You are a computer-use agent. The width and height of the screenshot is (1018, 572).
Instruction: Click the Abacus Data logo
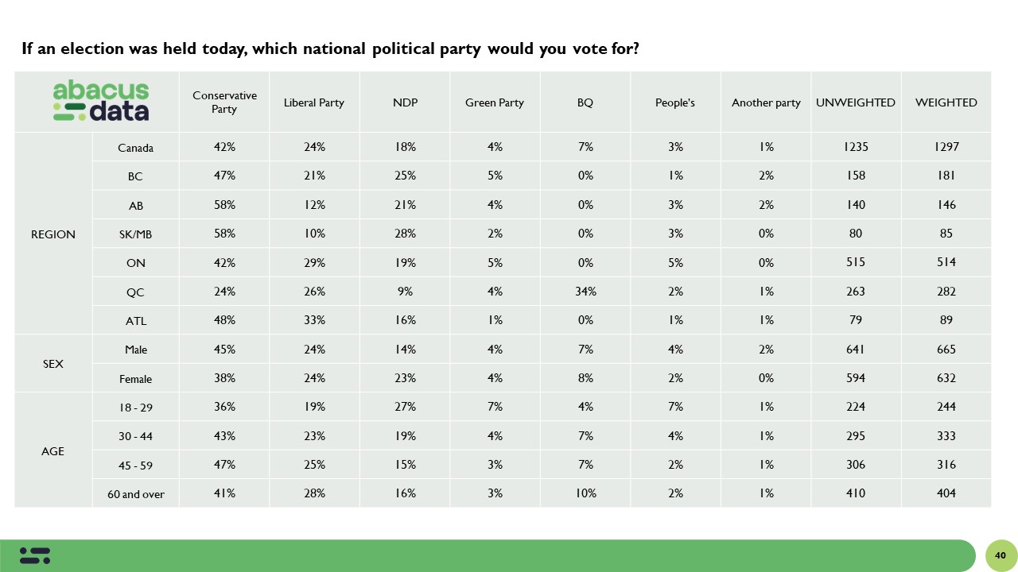100,102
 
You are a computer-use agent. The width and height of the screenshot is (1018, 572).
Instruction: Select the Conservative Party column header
224,102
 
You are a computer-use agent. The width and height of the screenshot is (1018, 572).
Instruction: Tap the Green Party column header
495,102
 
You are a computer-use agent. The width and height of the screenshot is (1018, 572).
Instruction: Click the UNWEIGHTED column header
856,102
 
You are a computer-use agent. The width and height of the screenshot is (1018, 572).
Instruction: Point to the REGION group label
53,234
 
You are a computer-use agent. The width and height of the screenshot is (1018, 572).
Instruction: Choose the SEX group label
53,364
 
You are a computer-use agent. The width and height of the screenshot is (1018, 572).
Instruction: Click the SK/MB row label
135,234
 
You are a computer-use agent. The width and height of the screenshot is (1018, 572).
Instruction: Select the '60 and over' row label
135,494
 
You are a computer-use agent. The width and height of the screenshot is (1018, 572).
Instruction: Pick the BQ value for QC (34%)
585,292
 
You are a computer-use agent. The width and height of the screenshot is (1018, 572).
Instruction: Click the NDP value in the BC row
405,176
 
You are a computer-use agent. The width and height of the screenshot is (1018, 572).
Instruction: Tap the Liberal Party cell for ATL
314,320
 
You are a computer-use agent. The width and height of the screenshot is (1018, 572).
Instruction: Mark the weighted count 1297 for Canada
946,147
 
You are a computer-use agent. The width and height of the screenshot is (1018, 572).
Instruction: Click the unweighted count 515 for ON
856,262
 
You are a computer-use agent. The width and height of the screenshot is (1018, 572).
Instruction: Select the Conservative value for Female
224,378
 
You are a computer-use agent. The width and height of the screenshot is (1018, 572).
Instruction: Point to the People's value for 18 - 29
675,407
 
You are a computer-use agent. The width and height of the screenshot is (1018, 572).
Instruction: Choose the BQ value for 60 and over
585,493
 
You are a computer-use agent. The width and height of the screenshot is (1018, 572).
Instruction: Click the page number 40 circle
1001,555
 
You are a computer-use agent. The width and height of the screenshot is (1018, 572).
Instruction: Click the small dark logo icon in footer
35,555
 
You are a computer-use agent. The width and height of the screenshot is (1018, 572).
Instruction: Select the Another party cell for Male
766,350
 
